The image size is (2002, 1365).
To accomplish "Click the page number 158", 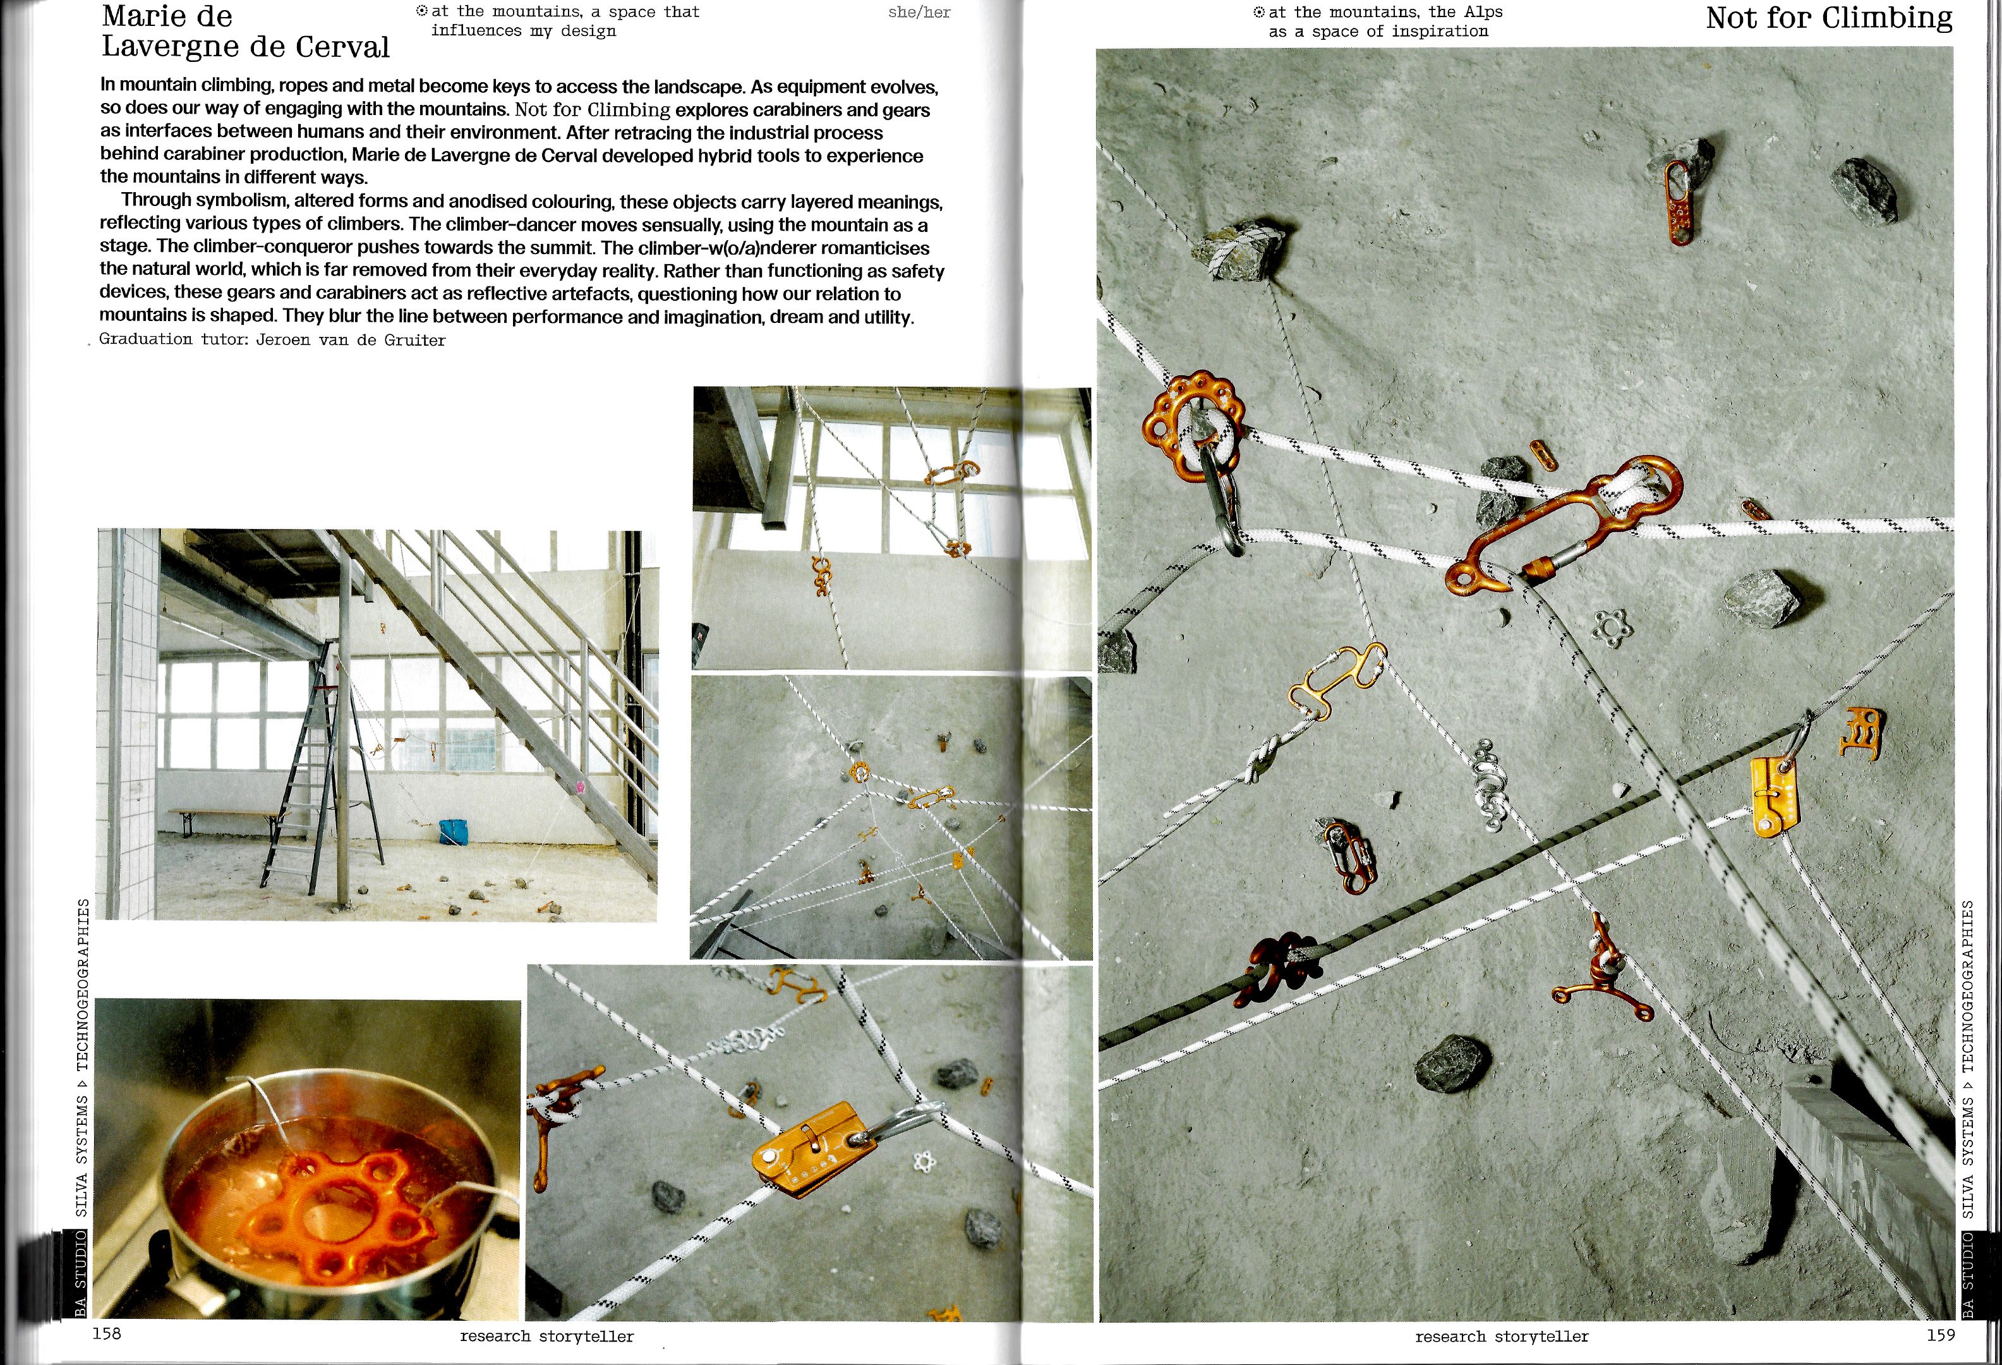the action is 107,1334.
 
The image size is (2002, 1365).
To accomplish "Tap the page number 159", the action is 1941,1335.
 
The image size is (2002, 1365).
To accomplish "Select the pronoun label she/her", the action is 919,13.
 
